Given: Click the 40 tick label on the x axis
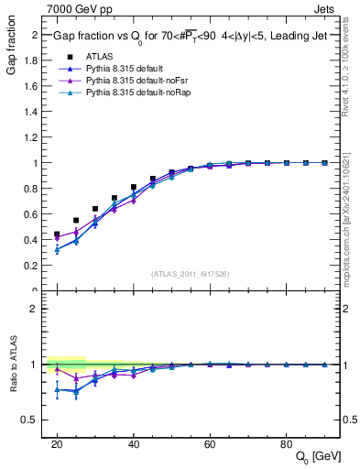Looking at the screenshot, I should (x=133, y=442).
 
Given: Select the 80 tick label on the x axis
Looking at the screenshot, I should (x=286, y=442).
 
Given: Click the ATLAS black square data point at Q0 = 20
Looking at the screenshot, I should (x=57, y=234).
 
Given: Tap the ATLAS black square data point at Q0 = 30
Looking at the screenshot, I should (x=95, y=209).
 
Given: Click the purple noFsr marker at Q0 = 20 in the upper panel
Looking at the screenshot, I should (x=57, y=238).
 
